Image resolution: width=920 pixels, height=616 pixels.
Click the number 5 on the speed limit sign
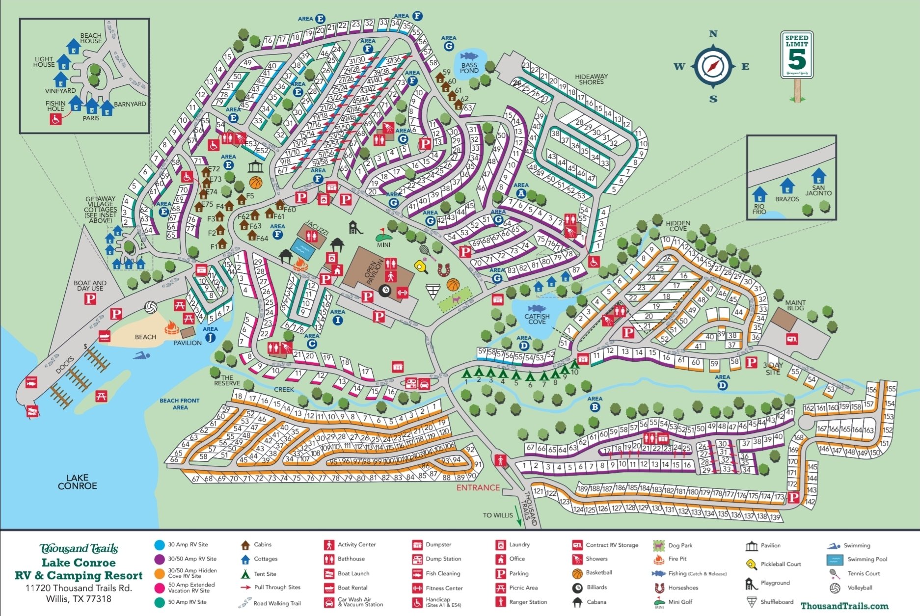[x=797, y=59]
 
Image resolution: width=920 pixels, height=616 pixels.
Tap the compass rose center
[x=713, y=66]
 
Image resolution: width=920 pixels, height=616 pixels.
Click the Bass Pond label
[x=469, y=68]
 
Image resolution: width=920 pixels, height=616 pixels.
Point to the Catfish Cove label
[x=537, y=319]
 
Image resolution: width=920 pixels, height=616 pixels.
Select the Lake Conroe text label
[x=78, y=482]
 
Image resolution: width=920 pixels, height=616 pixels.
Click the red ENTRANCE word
[x=478, y=487]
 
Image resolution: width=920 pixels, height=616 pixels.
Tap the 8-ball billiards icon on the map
[x=385, y=292]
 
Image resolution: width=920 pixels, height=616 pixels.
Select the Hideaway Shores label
[x=591, y=79]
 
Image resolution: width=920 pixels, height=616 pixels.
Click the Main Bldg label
[x=795, y=305]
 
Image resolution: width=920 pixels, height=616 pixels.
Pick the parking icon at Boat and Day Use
[x=90, y=299]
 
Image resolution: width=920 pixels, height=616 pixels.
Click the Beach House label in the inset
[x=91, y=38]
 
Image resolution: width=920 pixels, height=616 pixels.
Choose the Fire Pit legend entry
[x=677, y=559]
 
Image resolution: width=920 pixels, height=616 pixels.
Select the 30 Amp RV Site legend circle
[x=159, y=544]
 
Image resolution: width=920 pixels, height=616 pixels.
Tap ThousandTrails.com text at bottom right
[x=844, y=606]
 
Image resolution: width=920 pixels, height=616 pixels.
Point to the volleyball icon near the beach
[x=151, y=308]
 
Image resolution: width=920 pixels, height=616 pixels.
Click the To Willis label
[x=497, y=515]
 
